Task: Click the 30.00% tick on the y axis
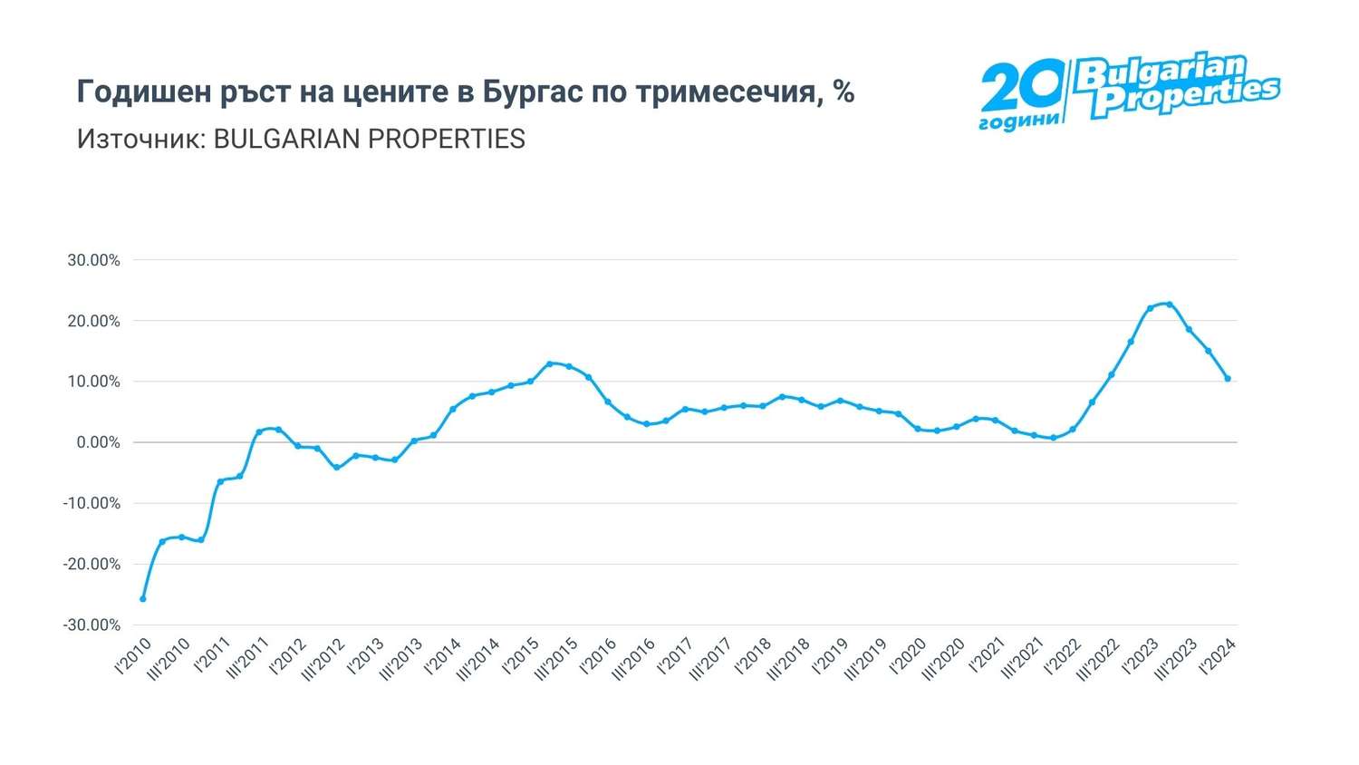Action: (x=93, y=260)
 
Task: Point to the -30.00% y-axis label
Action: (x=92, y=625)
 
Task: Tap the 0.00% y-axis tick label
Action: (x=96, y=442)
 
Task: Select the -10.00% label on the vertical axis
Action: (x=92, y=503)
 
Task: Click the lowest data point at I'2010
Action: (x=143, y=599)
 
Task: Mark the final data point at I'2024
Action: (x=1228, y=379)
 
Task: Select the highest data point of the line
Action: (x=1170, y=305)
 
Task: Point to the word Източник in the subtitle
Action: (x=135, y=139)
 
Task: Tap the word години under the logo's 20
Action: (x=1019, y=121)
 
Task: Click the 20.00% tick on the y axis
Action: (x=93, y=321)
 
